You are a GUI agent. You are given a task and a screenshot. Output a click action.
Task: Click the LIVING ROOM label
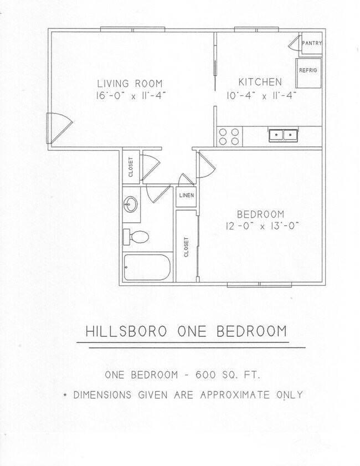tap(121, 83)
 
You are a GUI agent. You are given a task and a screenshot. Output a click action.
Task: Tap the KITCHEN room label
tap(261, 82)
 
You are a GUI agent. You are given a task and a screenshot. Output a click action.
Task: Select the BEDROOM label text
tap(260, 214)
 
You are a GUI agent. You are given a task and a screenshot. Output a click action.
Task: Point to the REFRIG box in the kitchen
tap(308, 71)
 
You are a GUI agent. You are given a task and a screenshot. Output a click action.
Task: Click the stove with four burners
tap(229, 136)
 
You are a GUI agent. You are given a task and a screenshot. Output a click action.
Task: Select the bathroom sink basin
tap(131, 204)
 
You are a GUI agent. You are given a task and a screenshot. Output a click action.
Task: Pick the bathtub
tap(146, 268)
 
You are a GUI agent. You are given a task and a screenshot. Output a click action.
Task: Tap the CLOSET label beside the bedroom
tap(186, 247)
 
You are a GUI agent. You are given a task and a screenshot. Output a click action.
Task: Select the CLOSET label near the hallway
tap(131, 166)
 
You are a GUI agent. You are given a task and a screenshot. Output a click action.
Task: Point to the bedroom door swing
tap(204, 165)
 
